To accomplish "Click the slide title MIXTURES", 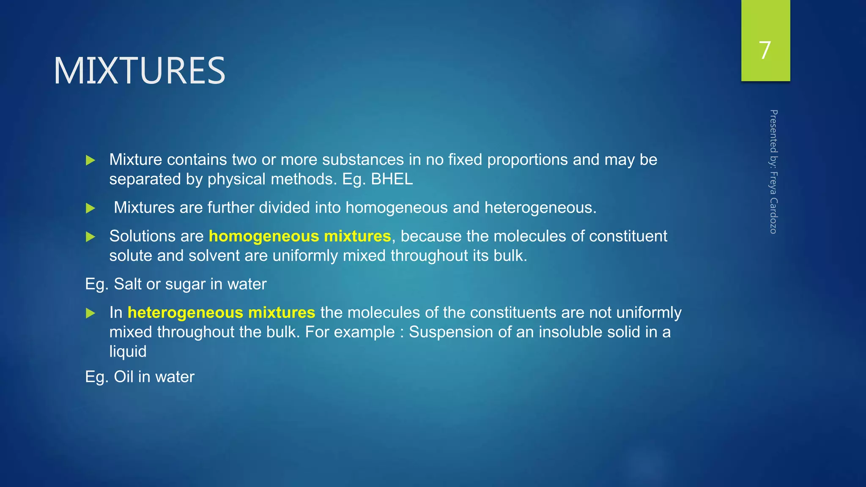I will pos(140,71).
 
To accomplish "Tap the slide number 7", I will pos(765,50).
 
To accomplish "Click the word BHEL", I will pos(392,179).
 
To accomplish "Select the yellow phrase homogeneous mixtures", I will pos(300,236).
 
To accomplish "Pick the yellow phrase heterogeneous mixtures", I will pos(221,312).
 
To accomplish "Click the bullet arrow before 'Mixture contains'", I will pos(90,160).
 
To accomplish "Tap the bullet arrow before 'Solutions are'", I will pos(90,237).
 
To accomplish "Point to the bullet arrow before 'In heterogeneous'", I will pos(90,313).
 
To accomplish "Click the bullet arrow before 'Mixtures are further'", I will pos(90,208).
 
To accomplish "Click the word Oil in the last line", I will pos(123,377).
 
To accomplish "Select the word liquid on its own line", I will pos(128,352).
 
